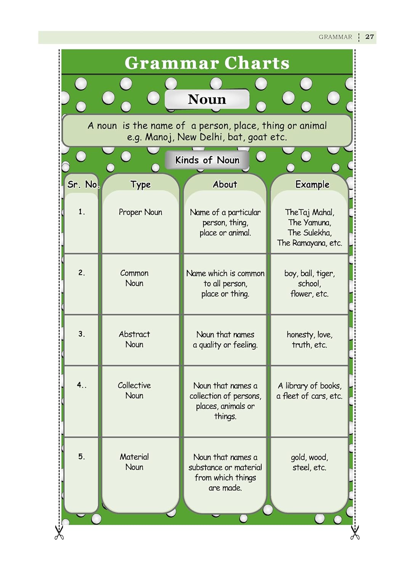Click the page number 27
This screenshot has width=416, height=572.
coord(369,37)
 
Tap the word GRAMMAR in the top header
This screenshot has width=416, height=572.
coord(335,37)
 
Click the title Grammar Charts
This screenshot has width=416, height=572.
coord(207,63)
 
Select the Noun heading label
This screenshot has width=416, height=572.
coord(207,100)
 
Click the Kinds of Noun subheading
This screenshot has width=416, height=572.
coord(207,160)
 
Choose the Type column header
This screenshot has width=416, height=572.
coord(140,185)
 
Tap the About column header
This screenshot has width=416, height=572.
coord(225,185)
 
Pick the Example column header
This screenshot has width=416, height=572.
coord(312,185)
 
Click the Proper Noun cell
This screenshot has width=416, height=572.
coord(140,212)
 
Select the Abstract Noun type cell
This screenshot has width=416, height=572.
coord(134,339)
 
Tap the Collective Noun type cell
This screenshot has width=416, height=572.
coord(134,390)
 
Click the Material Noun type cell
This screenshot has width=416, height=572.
coord(134,462)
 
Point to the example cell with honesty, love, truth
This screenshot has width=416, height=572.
coord(309,340)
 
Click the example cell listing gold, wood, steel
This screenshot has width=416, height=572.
coord(309,462)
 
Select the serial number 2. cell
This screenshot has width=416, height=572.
coord(82,273)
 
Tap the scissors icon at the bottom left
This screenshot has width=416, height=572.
coord(59,532)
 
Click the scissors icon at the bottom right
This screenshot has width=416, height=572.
coord(355,532)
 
